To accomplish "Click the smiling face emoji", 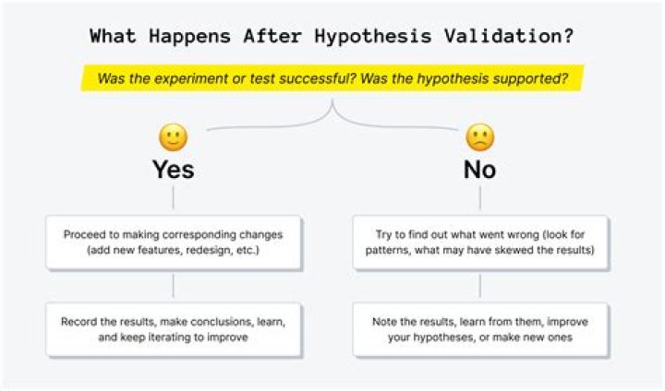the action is pos(173,137).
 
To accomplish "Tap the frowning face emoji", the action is pos(479,137).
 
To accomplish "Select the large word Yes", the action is pos(174,170).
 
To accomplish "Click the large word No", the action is pos(479,170).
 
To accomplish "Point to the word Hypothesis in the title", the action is pos(372,36).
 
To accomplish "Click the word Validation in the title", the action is pos(508,36).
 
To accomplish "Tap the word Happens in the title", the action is pos(189,36).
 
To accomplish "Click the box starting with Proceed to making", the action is pos(174,243).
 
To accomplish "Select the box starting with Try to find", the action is pos(480,243).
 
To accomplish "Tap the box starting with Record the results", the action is pos(174,329).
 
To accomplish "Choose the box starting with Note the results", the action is pos(480,329).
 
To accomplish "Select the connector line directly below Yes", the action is pos(173,197).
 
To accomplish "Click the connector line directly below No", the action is pos(479,197).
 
